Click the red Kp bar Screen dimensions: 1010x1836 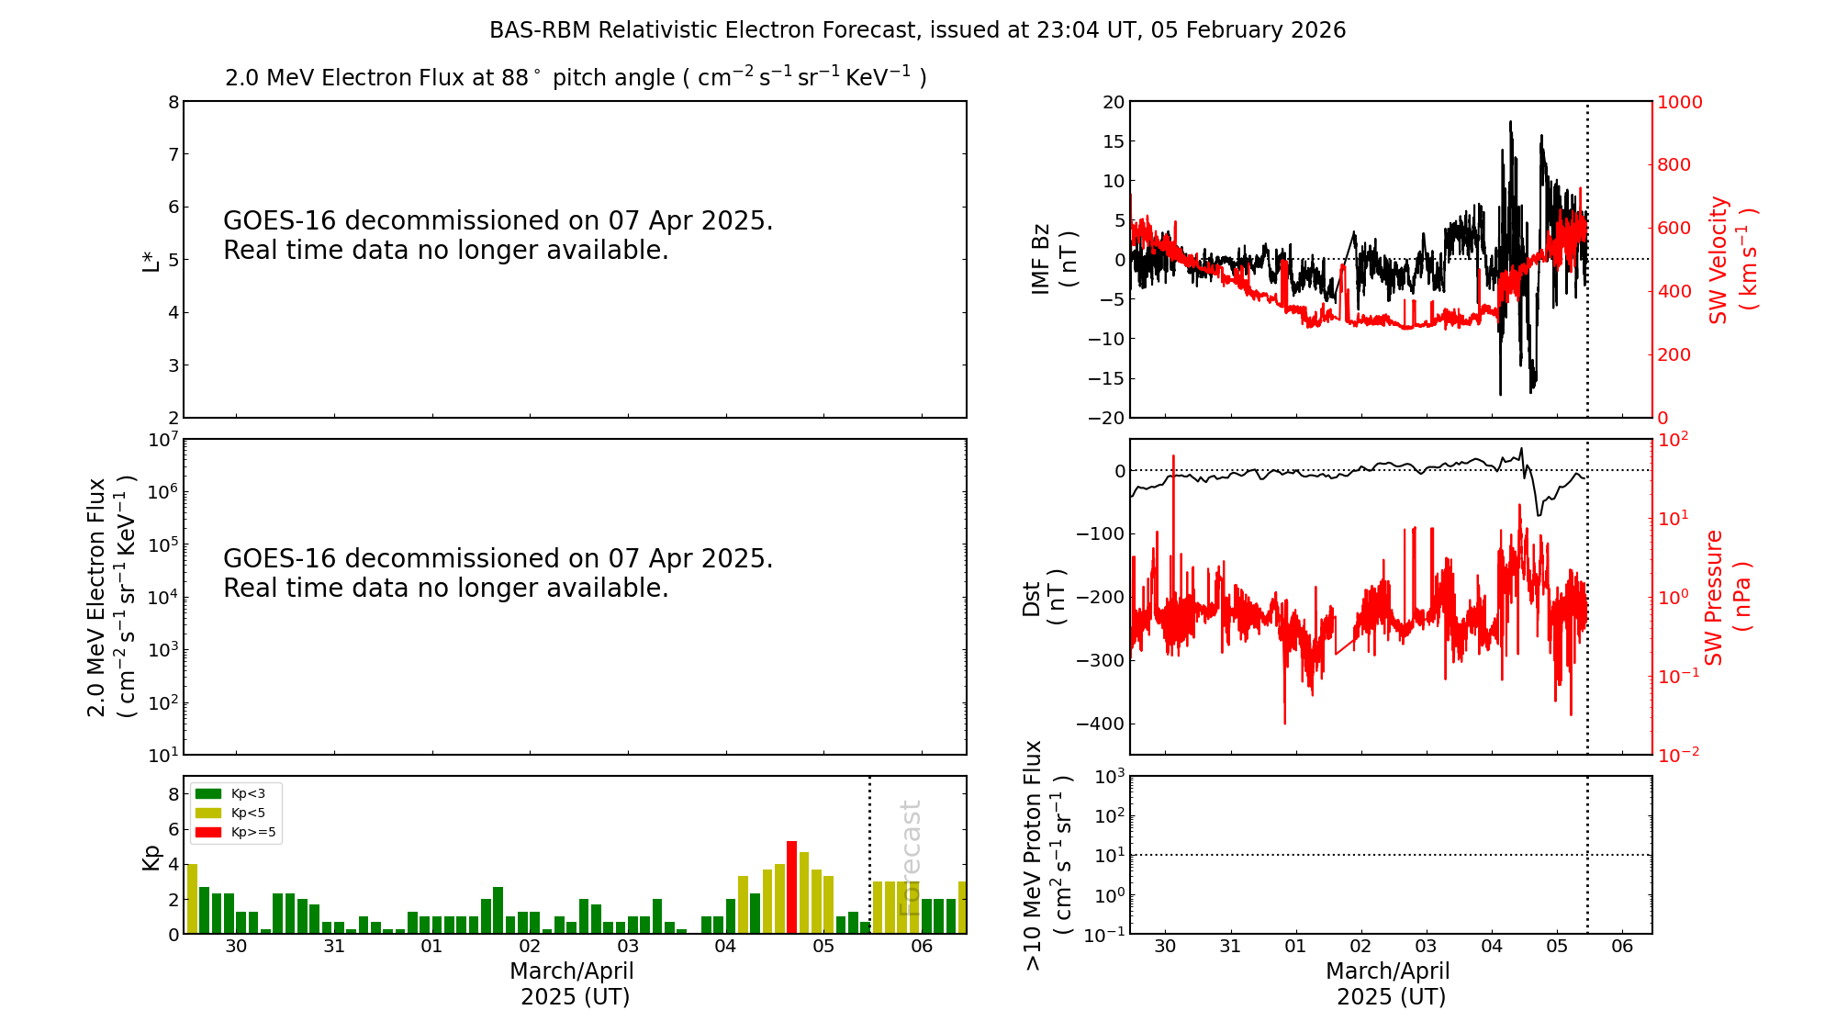[791, 886]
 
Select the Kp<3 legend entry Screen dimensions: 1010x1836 [235, 793]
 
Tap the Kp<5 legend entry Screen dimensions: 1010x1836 [235, 813]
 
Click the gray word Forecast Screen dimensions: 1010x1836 [910, 858]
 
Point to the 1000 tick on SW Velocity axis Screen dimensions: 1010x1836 [1679, 102]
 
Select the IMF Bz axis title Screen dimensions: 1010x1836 [1054, 259]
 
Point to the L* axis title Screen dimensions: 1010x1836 [151, 260]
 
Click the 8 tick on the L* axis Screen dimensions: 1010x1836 [173, 102]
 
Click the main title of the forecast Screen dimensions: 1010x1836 [917, 30]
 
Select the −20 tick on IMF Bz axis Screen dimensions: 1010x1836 [1104, 418]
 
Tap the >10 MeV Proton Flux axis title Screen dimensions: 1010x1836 [1047, 855]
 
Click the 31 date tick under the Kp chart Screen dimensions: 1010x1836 [334, 947]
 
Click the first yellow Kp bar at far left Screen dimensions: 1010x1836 [193, 898]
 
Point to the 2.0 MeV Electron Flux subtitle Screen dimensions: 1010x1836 [576, 78]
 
